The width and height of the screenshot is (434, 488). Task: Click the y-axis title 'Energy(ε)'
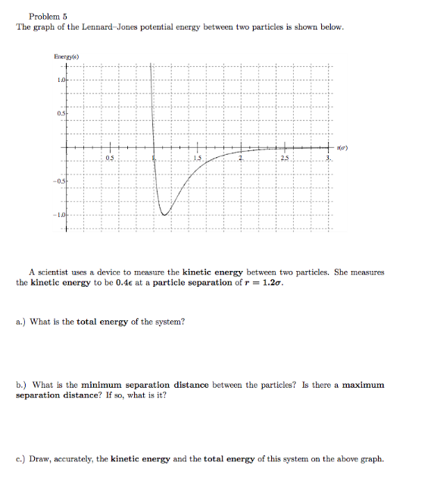pyautogui.click(x=67, y=56)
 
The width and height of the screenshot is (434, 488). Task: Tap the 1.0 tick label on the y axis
pyautogui.click(x=60, y=80)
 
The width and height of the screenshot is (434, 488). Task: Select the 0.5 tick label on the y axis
pyautogui.click(x=59, y=114)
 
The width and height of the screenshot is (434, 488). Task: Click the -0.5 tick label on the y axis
pyautogui.click(x=58, y=182)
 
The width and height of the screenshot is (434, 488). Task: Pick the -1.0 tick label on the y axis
pyautogui.click(x=58, y=216)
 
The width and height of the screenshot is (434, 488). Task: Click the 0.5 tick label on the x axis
pyautogui.click(x=110, y=157)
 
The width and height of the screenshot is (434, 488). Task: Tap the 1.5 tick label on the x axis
pyautogui.click(x=197, y=157)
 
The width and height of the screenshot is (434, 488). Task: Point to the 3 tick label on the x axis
pyautogui.click(x=327, y=157)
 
